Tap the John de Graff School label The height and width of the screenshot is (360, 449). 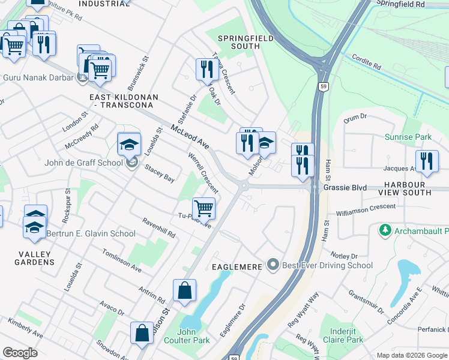coord(84,163)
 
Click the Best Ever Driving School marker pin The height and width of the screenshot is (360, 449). coord(274,265)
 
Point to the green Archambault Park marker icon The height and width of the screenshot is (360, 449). coord(385,230)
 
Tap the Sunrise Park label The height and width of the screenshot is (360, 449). coord(408,137)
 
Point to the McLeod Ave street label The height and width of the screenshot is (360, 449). coord(190,137)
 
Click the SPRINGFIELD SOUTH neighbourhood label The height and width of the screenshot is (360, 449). coord(245,43)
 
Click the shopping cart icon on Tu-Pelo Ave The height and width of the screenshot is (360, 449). coord(204,209)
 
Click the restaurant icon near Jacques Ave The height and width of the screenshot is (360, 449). coord(427,160)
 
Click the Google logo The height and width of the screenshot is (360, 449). coord(20,353)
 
